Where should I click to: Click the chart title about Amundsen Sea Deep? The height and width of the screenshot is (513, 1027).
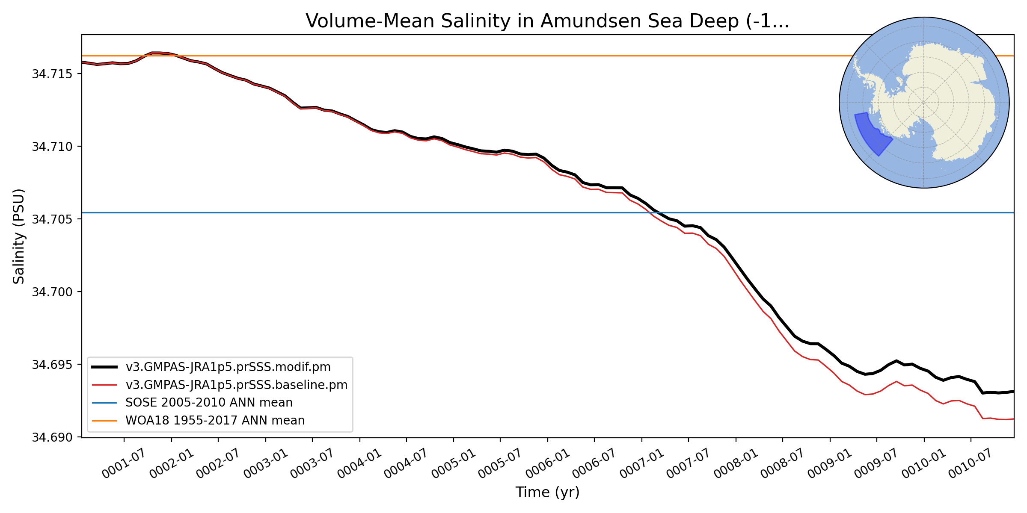(x=547, y=21)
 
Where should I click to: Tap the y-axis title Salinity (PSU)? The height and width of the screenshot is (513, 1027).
(x=19, y=236)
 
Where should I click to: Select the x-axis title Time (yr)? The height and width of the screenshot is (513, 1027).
(x=547, y=492)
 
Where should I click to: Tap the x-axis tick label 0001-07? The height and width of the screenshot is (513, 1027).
(x=123, y=464)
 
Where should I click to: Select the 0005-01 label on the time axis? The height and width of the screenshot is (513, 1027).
(x=453, y=464)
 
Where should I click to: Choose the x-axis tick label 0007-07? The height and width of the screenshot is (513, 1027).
(x=688, y=464)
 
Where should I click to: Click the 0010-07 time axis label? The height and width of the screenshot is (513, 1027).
(x=970, y=464)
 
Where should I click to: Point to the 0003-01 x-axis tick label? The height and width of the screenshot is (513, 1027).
(x=265, y=464)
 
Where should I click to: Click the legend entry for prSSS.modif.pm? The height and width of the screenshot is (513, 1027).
(x=228, y=367)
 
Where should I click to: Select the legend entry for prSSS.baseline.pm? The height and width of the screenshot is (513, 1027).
(x=236, y=385)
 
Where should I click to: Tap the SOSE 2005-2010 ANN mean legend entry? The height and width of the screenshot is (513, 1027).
(x=209, y=402)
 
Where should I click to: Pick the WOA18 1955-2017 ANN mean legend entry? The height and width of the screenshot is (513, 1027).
(x=215, y=420)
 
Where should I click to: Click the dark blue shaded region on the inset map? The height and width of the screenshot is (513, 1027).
(x=871, y=137)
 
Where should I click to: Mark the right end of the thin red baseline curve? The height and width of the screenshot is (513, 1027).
(x=1013, y=419)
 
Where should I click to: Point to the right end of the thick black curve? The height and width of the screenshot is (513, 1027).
(x=1013, y=391)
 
